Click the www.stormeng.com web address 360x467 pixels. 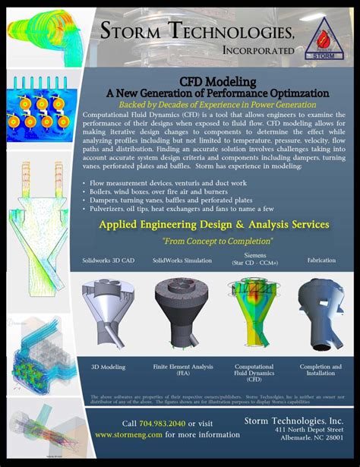(x=128, y=435)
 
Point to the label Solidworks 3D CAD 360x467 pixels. (x=109, y=260)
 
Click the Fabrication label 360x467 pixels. (x=321, y=260)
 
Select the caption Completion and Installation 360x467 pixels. (x=320, y=369)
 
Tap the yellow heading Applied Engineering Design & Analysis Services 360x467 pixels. (x=214, y=225)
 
